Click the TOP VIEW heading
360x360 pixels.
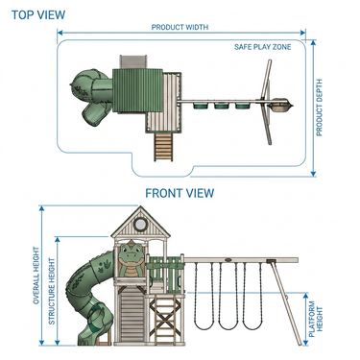[x=38, y=14]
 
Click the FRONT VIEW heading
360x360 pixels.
[x=180, y=193]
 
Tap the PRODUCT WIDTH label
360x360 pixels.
[x=180, y=27]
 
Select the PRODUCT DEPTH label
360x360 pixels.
[x=320, y=108]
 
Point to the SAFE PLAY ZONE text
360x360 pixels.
[x=263, y=47]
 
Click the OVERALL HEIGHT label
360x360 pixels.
[x=36, y=276]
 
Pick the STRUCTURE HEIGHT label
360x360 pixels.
[x=52, y=291]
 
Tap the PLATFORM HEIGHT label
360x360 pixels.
[x=316, y=319]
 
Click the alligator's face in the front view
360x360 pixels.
[x=131, y=252]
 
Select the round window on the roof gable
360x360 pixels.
[x=139, y=224]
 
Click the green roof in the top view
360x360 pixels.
[x=137, y=90]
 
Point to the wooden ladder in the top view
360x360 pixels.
[x=163, y=147]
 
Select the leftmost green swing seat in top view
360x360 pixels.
[x=201, y=106]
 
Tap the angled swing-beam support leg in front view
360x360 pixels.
[x=285, y=303]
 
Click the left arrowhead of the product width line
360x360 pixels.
[x=60, y=33]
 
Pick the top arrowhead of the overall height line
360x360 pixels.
[x=41, y=208]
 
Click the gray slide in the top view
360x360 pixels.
[x=133, y=61]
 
